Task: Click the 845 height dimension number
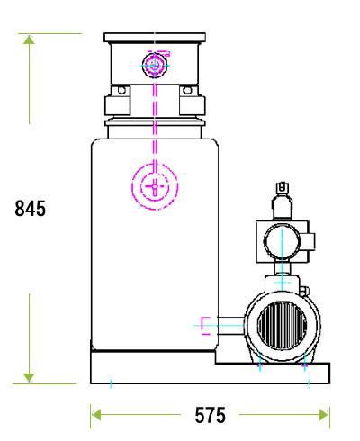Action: pos(30,208)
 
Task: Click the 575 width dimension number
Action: pos(210,415)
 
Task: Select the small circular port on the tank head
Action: pos(155,65)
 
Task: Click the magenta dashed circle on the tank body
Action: pos(155,184)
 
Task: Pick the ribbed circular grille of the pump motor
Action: pos(282,323)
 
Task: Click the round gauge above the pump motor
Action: pos(280,240)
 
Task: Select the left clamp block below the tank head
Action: pos(117,100)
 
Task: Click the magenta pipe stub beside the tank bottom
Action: pos(205,324)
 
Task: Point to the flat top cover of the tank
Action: pos(155,39)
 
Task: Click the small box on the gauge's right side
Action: pos(308,241)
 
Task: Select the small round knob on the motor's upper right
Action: pos(304,290)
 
